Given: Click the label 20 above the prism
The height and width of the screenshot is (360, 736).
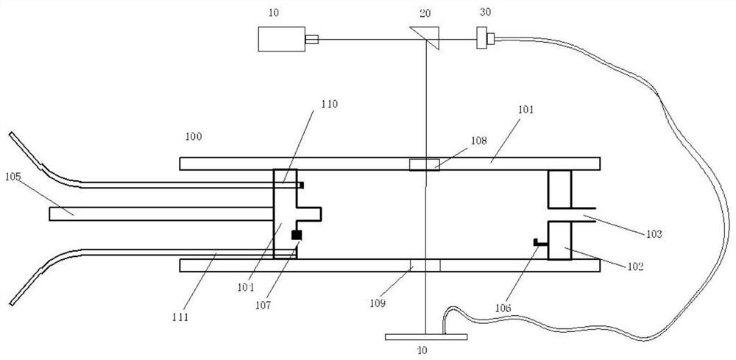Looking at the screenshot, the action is [x=425, y=13].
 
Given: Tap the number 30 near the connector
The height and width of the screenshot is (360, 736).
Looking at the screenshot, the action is [x=485, y=12].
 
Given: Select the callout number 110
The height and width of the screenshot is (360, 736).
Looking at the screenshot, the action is [x=329, y=105].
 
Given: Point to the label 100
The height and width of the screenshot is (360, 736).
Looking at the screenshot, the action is [x=194, y=137].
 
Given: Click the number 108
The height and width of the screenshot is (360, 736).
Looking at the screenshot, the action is [x=479, y=140].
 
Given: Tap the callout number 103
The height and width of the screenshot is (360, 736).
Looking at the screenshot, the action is [x=654, y=233].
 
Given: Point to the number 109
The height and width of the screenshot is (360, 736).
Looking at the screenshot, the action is [x=377, y=303].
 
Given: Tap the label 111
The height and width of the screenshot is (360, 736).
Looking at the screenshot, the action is [x=180, y=318].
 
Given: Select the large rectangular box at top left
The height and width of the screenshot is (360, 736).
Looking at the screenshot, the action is [x=282, y=38].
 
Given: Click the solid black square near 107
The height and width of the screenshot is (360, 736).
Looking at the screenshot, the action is [x=296, y=235].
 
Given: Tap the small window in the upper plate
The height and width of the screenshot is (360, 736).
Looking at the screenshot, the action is [x=425, y=165].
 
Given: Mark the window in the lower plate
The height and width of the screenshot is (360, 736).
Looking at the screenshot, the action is [x=425, y=265].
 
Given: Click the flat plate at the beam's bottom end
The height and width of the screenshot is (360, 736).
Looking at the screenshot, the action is [x=425, y=336].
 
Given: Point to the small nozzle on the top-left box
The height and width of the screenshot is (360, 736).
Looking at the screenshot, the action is [x=311, y=40].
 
